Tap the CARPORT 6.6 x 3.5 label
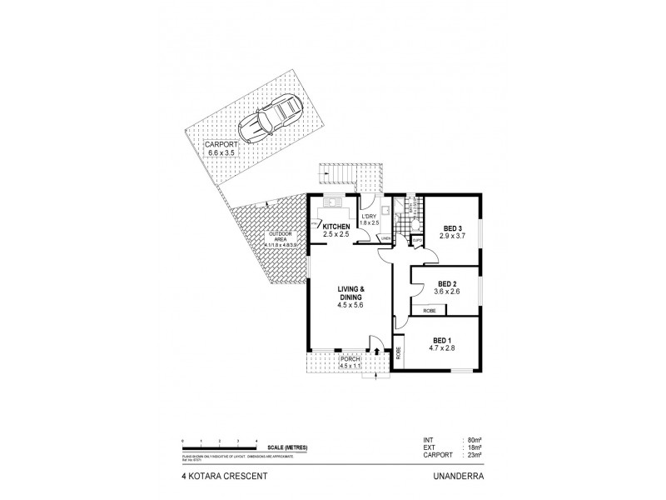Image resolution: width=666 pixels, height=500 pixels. pyautogui.click(x=222, y=149)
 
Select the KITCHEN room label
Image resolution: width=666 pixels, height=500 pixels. pyautogui.click(x=335, y=227)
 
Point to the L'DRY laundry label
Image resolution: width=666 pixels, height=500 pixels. pyautogui.click(x=370, y=218)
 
